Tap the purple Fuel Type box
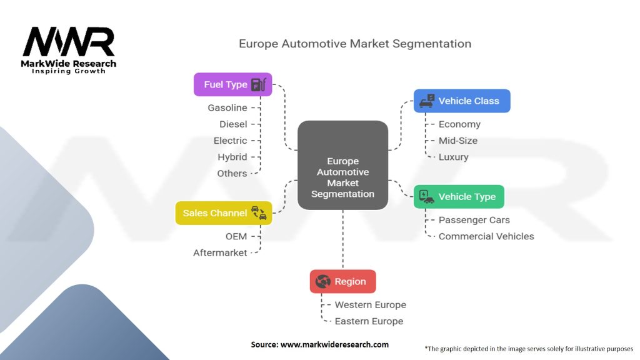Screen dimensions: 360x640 [232, 84]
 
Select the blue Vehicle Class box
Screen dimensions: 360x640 [462, 101]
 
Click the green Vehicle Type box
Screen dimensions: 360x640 [459, 196]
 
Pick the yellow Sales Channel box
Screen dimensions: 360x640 [223, 213]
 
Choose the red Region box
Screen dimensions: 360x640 [342, 281]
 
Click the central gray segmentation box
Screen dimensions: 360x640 [342, 165]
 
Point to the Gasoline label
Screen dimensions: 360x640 [227, 108]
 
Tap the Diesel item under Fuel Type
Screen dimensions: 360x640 [233, 124]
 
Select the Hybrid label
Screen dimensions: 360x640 [232, 157]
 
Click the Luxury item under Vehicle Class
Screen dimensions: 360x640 [453, 157]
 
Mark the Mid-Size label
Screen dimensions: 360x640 [458, 141]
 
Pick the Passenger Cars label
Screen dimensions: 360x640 [474, 220]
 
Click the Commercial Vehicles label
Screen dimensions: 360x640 [486, 236]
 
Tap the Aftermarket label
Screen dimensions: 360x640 [220, 252]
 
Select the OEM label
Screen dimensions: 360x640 [236, 236]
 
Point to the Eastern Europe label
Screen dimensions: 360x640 [369, 321]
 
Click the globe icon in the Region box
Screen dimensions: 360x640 [323, 281]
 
